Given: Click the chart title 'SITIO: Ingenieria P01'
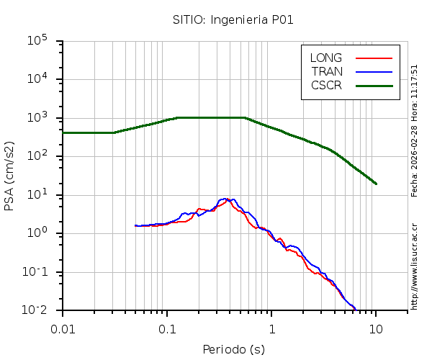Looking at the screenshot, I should (233, 20).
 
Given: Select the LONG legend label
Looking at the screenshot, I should (326, 58).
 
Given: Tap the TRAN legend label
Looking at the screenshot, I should (327, 71).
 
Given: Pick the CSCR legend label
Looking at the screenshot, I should (326, 85).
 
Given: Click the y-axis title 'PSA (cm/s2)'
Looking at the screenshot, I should (9, 176).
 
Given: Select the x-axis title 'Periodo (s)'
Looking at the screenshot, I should (233, 350).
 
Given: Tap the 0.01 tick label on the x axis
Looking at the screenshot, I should (63, 328).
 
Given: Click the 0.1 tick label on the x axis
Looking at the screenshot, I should (167, 328).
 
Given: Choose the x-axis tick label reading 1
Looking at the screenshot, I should (271, 328).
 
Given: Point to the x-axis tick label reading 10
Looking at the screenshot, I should (376, 328).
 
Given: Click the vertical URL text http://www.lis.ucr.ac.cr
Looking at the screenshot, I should (415, 266).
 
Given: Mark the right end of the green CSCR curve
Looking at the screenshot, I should (376, 184).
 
